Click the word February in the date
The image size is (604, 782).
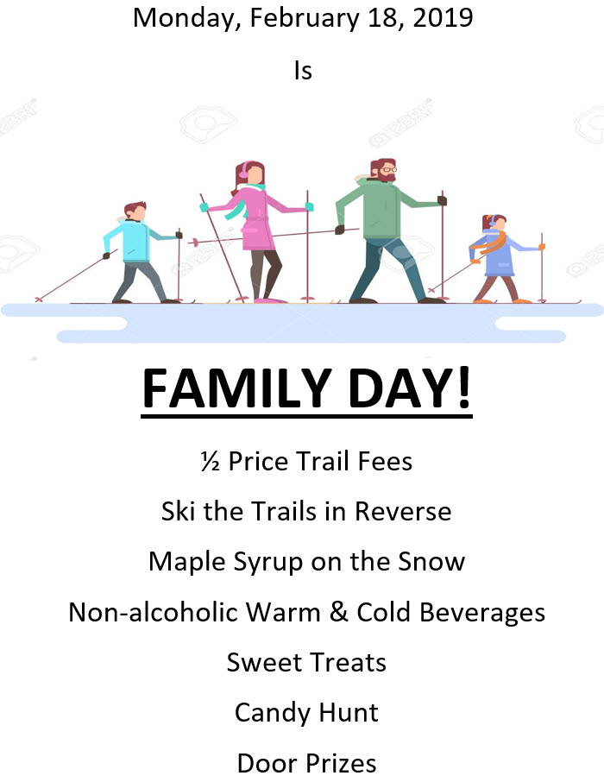pos(305,19)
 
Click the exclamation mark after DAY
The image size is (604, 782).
pos(464,388)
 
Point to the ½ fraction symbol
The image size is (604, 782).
pos(210,461)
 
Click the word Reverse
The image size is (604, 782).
pos(403,512)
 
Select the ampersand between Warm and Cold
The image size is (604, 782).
pos(338,612)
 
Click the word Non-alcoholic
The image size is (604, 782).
pos(153,612)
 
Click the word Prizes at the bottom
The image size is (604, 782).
pos(341,764)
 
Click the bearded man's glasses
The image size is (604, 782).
pos(389,170)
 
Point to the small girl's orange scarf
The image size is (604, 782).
pos(494,243)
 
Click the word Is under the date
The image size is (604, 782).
pos(303,71)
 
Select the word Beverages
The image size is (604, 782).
pos(482,613)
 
